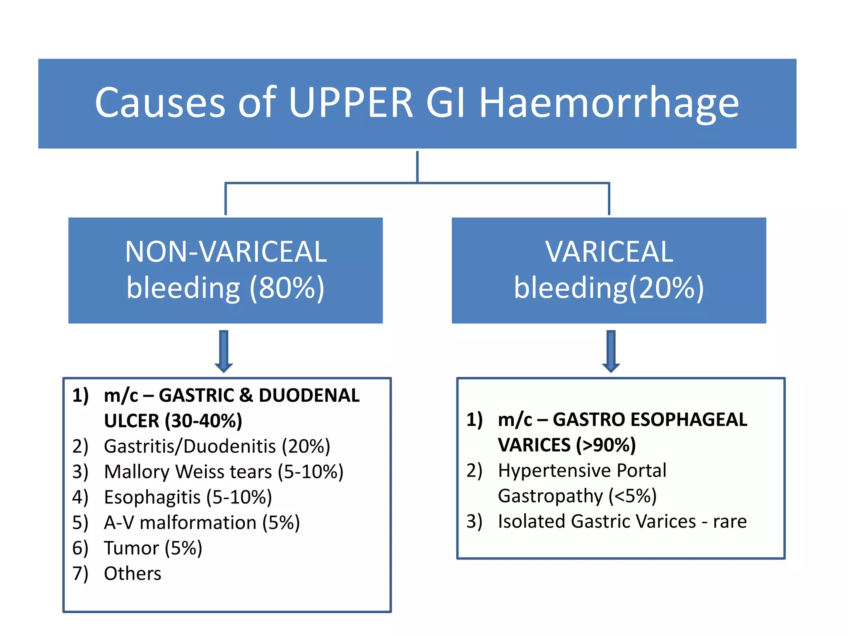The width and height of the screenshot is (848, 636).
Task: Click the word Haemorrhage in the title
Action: click(x=609, y=104)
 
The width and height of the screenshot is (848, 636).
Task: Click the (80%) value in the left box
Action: click(x=287, y=288)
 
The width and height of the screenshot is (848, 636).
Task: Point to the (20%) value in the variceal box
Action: click(x=667, y=288)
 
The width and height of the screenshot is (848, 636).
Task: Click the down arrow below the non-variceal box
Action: click(x=224, y=350)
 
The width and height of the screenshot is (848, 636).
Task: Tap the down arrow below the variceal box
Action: click(x=611, y=350)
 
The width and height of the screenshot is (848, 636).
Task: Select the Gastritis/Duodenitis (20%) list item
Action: click(x=217, y=446)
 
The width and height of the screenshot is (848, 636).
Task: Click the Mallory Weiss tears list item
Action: click(x=224, y=472)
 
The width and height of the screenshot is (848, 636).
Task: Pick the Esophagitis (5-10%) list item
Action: click(x=188, y=497)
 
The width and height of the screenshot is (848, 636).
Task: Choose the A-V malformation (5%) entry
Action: click(x=202, y=523)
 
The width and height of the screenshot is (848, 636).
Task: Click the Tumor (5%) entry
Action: click(x=153, y=548)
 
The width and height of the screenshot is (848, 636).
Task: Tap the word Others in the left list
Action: click(x=132, y=573)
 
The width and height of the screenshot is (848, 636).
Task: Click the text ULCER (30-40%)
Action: click(x=173, y=421)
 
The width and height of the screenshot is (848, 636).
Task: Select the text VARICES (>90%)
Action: click(x=566, y=445)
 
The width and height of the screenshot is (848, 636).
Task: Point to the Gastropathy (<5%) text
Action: click(x=577, y=496)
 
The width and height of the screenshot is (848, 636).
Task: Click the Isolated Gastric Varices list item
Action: click(x=622, y=521)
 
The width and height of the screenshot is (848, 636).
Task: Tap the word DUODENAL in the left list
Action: click(x=309, y=395)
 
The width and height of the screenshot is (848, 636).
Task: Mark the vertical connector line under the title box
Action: click(x=417, y=166)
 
